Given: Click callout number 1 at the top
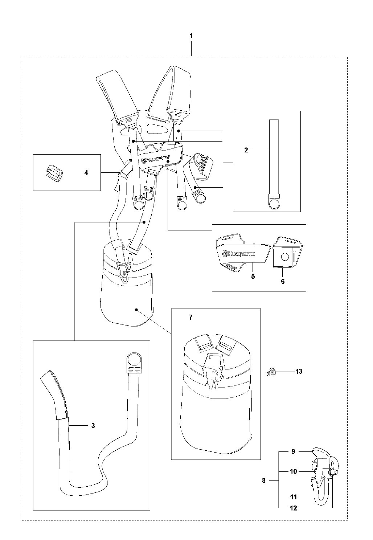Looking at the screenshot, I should pyautogui.click(x=191, y=36).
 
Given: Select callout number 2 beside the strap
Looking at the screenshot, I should pyautogui.click(x=246, y=150).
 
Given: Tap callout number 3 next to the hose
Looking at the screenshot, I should pyautogui.click(x=93, y=425).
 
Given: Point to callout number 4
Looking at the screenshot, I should pyautogui.click(x=86, y=173).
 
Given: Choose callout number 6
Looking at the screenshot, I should pyautogui.click(x=283, y=281).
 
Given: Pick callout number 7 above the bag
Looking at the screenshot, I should pyautogui.click(x=190, y=317).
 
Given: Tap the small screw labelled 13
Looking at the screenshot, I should pyautogui.click(x=270, y=372).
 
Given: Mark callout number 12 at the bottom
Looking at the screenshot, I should pyautogui.click(x=294, y=508).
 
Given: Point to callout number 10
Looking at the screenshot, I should pyautogui.click(x=294, y=471).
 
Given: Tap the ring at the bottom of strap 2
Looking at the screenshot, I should pyautogui.click(x=274, y=204).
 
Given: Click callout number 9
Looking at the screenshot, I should pyautogui.click(x=294, y=452).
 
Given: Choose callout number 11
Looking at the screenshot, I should pyautogui.click(x=294, y=497).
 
